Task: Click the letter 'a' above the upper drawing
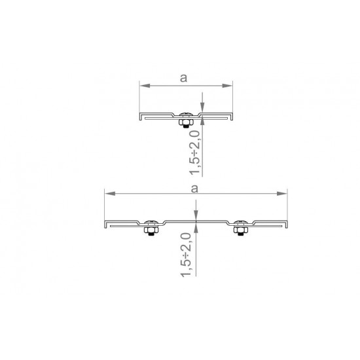(x=183, y=78)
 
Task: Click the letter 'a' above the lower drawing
(x=194, y=189)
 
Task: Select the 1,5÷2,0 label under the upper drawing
(x=195, y=153)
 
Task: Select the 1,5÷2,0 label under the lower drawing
(x=186, y=255)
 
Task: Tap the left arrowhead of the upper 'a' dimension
(x=145, y=86)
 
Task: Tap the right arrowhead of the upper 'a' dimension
(x=227, y=86)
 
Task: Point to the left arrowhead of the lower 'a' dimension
(x=110, y=194)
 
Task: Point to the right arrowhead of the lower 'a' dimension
(x=282, y=194)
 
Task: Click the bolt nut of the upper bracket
(x=186, y=122)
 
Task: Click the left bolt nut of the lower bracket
(x=151, y=230)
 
